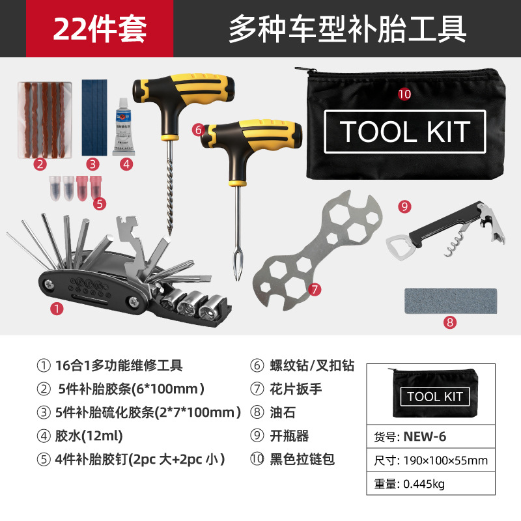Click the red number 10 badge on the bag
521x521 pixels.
[x=404, y=94]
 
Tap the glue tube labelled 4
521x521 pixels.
[x=123, y=127]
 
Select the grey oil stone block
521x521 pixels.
[x=451, y=301]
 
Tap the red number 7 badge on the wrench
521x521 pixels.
[x=315, y=289]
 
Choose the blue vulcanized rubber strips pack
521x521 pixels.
[x=94, y=117]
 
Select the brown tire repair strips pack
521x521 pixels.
[x=45, y=120]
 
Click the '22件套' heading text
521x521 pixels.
[x=100, y=29]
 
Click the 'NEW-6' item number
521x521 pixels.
[x=425, y=436]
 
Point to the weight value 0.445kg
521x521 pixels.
[x=424, y=484]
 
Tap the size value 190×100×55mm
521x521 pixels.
[x=445, y=460]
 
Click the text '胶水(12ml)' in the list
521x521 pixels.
[x=89, y=436]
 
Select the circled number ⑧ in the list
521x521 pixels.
[x=257, y=412]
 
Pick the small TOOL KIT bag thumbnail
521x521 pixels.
[x=434, y=393]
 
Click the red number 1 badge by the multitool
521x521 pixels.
[x=57, y=309]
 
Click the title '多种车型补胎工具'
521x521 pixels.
[x=348, y=29]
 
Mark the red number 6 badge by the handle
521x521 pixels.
[x=199, y=130]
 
